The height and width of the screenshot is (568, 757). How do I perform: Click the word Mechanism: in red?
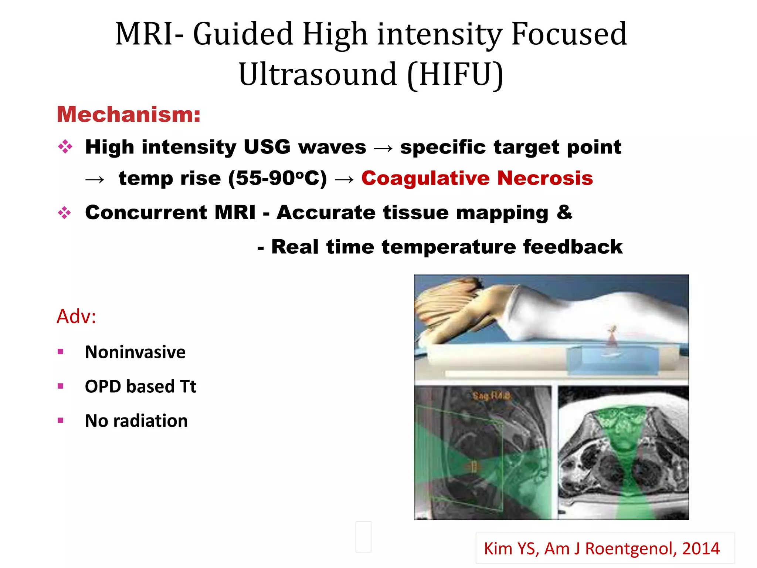coord(128,114)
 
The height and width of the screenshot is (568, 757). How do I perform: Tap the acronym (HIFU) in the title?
coord(455,74)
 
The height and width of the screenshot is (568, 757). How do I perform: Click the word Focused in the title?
coord(569,34)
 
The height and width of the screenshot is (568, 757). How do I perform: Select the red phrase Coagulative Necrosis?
coord(477,178)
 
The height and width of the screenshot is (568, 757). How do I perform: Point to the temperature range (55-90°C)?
coord(277,178)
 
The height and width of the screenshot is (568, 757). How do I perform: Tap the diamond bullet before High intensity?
coord(65,147)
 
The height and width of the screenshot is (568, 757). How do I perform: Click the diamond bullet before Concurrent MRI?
coord(65,213)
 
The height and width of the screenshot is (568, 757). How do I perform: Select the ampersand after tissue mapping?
coord(564,212)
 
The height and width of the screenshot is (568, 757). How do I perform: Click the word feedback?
coord(573,247)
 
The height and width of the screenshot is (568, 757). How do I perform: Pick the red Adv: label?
coord(77,317)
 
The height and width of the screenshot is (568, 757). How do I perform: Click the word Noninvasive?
coord(135,352)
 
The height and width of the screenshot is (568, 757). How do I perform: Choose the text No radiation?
coord(136,421)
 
